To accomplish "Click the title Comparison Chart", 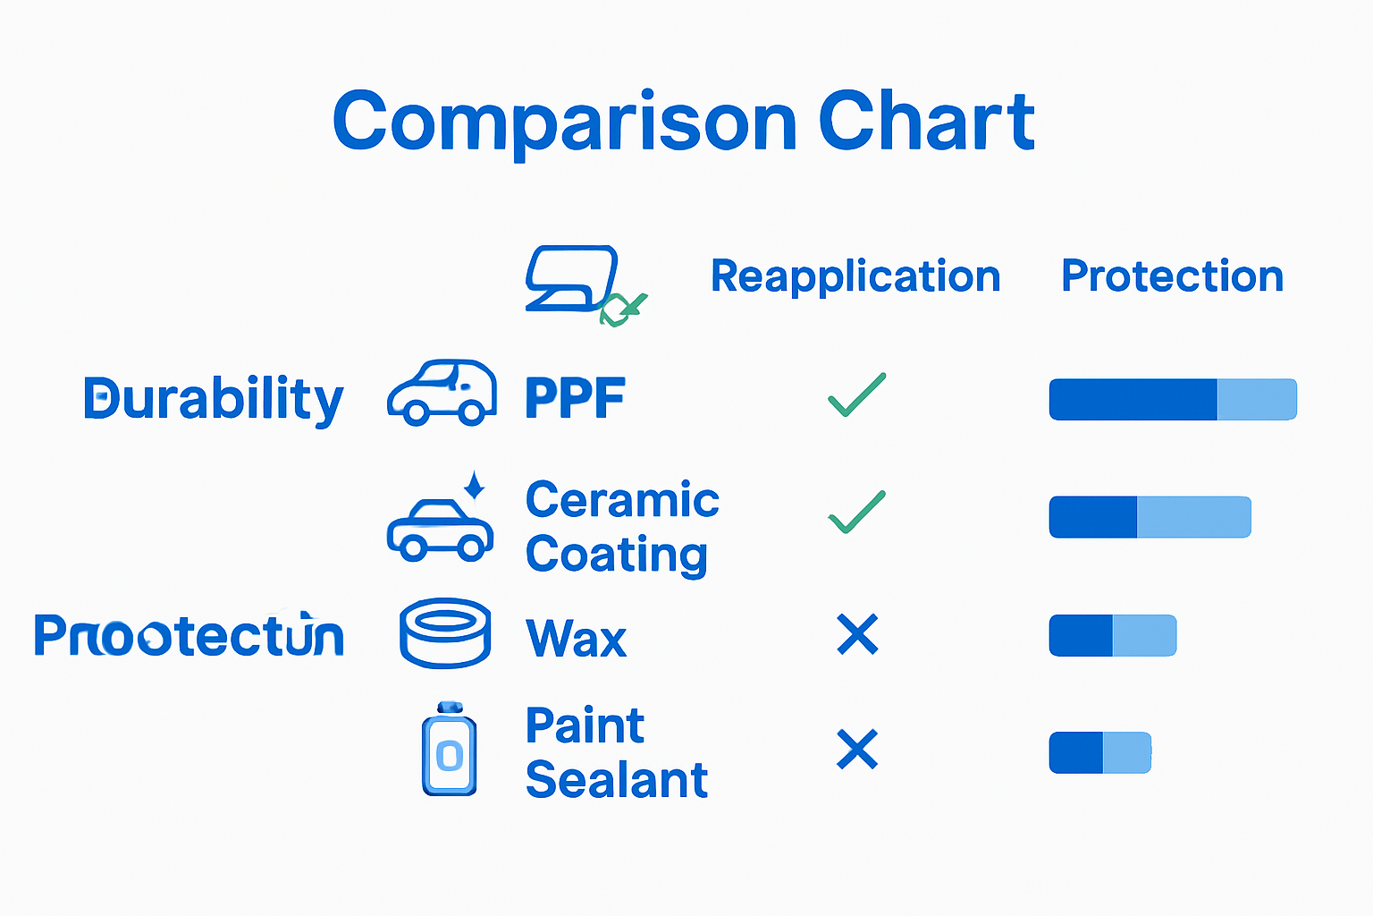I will pos(684,122).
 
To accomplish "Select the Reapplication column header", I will pos(855,276).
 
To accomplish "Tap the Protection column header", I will pos(1172,276).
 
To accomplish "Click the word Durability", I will pos(213,399).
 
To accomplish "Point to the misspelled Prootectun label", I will pos(189,636).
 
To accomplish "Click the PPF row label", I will pos(575,399).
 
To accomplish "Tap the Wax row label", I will pos(577,639).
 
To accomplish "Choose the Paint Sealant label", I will pos(617,752).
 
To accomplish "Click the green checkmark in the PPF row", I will pos(856,395).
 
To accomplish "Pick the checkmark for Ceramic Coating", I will pos(856,513).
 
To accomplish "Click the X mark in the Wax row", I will pos(857,634).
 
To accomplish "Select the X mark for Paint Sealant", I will pos(857,750).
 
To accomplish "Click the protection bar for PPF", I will pos(1172,399).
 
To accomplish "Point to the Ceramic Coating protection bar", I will pos(1150,517).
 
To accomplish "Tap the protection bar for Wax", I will pos(1112,635).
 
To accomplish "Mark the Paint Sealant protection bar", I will pos(1099,752).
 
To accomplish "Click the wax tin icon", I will pos(445,633).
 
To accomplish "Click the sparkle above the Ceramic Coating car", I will pos(475,485).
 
